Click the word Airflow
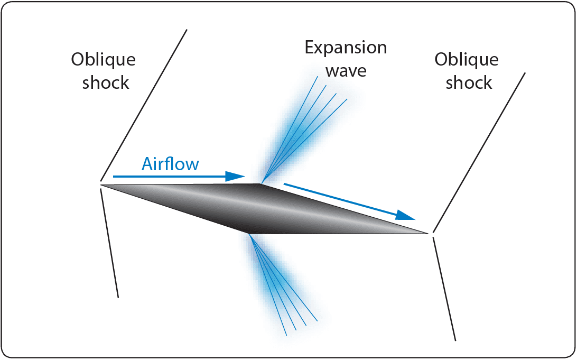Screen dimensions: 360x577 click(x=170, y=164)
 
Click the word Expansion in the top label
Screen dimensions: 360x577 click(x=346, y=48)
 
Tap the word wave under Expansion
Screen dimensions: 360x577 click(x=346, y=70)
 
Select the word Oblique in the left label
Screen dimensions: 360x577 click(x=104, y=60)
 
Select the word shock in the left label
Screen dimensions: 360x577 click(x=106, y=82)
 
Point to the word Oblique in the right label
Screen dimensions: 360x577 click(x=466, y=60)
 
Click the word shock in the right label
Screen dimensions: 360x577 click(x=469, y=82)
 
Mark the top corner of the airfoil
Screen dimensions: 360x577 click(x=260, y=184)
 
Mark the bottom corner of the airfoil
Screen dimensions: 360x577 click(x=248, y=233)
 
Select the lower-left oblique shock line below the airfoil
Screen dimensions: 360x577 click(x=109, y=243)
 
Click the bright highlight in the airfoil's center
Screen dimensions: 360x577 click(x=264, y=208)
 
